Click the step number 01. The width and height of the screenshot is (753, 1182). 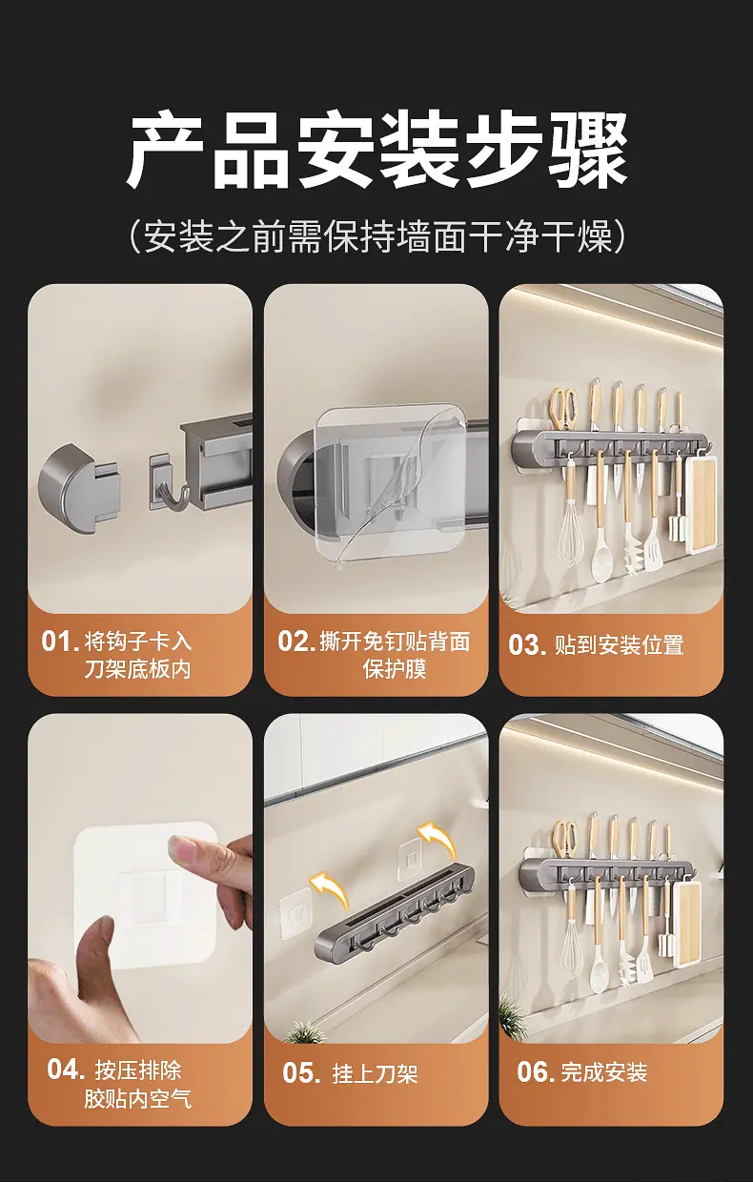pyautogui.click(x=60, y=642)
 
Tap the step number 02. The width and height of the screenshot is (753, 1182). pyautogui.click(x=296, y=642)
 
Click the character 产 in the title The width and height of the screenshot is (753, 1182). pyautogui.click(x=165, y=149)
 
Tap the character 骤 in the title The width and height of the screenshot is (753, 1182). pyautogui.click(x=587, y=149)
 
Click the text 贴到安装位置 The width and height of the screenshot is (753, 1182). pyautogui.click(x=619, y=645)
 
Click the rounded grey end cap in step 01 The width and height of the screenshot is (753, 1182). pyautogui.click(x=80, y=488)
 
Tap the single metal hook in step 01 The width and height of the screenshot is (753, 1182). pyautogui.click(x=170, y=484)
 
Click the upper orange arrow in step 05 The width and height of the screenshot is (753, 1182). pyautogui.click(x=437, y=838)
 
